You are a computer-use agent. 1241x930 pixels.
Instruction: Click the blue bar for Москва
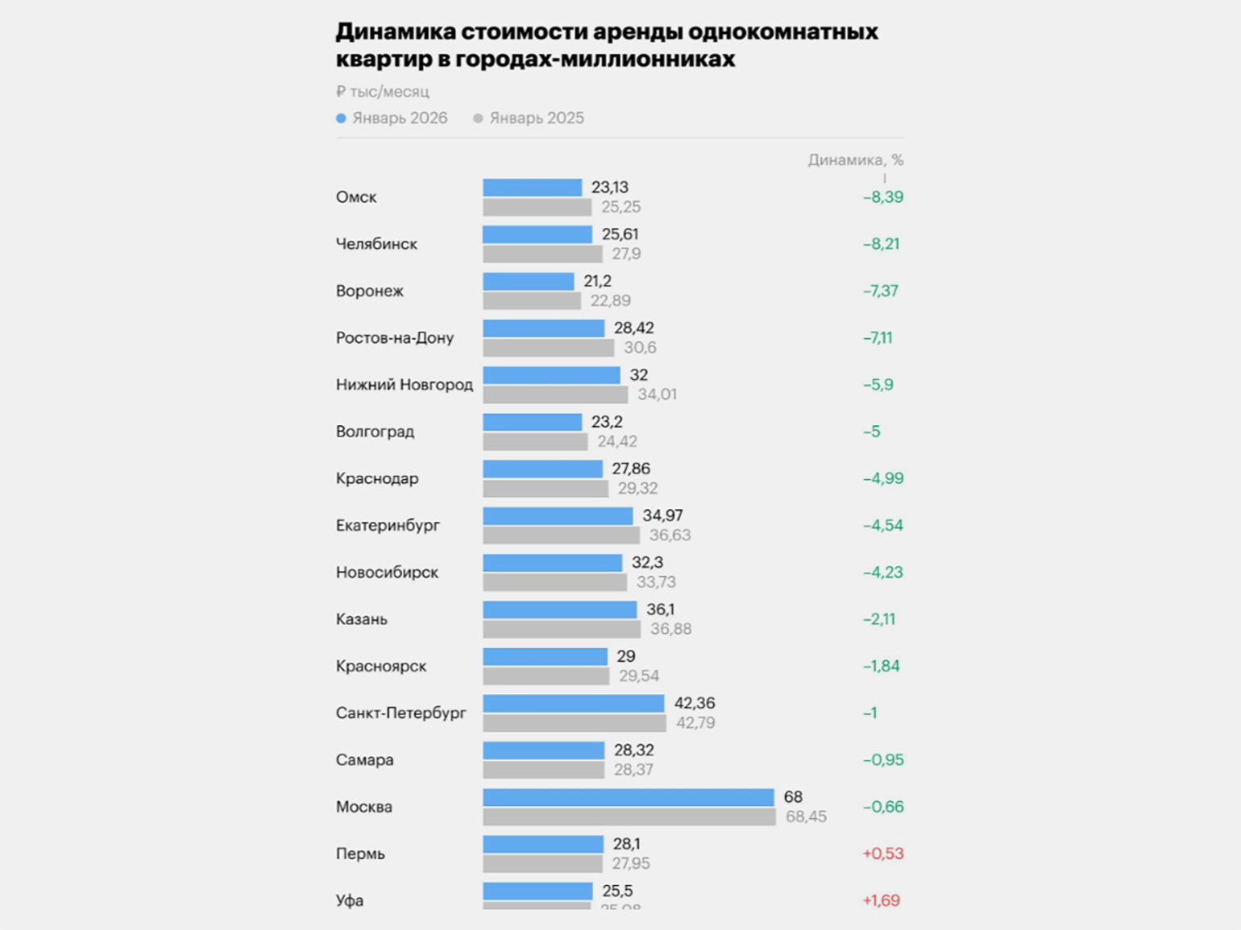pos(629,797)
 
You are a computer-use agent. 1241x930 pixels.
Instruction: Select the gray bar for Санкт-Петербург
pos(575,723)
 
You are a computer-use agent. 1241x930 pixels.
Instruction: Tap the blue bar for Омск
pos(532,188)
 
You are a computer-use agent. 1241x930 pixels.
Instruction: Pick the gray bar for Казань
pos(562,629)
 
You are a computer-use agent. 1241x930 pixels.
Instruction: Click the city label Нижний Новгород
pos(404,385)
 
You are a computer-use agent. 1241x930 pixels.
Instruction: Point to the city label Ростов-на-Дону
pos(394,338)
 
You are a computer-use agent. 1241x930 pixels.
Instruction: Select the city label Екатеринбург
pos(388,526)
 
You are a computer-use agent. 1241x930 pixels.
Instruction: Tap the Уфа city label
pos(350,901)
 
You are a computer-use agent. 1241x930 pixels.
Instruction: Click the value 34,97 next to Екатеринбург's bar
pos(662,515)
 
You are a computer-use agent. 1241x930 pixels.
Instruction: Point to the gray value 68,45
pos(806,816)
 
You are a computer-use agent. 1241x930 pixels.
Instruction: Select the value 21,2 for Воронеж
pos(597,281)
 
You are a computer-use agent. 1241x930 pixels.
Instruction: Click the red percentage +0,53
pos(882,854)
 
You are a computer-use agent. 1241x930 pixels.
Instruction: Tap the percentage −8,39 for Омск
pos(882,197)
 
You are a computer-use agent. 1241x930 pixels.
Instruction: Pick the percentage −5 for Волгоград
pos(871,432)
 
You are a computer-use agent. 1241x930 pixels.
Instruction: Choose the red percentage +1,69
pos(881,900)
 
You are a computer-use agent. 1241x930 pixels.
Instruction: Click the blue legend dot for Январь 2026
pos(341,118)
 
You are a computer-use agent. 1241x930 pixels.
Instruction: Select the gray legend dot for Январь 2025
pos(478,118)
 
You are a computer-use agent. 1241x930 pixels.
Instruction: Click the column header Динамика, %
pos(855,160)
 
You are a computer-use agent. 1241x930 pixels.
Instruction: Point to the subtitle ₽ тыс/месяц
pos(382,92)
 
